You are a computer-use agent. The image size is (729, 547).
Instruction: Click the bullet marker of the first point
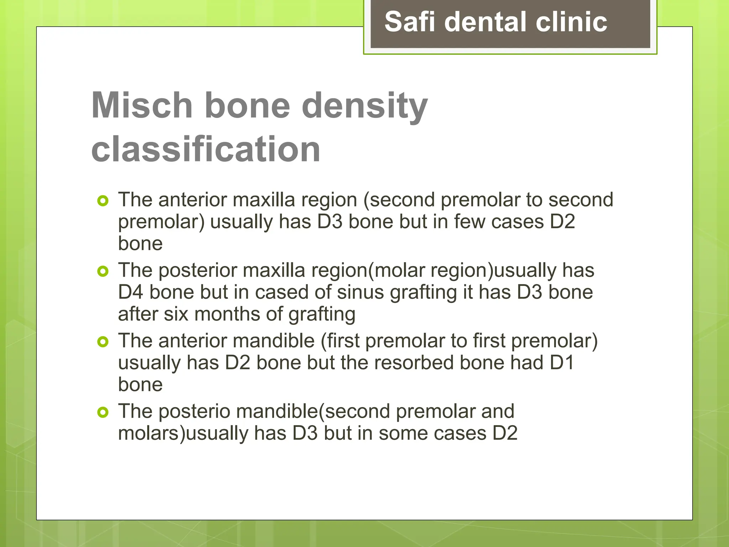coord(103,201)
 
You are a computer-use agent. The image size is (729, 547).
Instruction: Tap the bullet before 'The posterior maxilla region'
coord(103,271)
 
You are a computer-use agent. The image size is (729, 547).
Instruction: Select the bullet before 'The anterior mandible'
coord(103,342)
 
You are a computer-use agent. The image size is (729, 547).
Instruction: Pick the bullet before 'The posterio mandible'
coord(103,412)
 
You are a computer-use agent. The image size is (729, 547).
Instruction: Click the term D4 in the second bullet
coord(130,292)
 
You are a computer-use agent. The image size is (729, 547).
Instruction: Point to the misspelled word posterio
coord(194,412)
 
